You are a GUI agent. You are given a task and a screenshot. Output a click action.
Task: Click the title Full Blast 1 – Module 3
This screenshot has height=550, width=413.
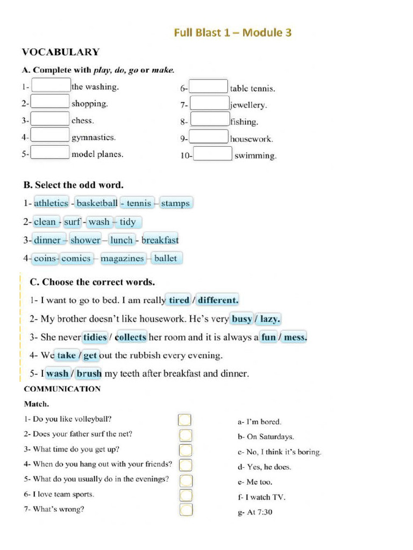click(232, 33)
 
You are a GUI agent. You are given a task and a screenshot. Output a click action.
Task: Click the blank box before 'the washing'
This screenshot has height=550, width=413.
click(51, 85)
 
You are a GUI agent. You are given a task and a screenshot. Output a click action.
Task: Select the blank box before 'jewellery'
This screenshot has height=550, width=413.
click(210, 104)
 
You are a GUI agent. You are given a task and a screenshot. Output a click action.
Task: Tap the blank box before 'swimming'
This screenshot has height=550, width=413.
click(213, 155)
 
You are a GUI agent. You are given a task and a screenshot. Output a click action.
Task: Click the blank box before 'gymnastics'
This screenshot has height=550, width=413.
click(50, 136)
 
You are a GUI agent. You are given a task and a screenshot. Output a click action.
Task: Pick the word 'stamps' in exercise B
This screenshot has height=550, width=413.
click(175, 203)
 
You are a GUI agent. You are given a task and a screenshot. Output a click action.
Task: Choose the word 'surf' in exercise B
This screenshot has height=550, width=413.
click(72, 222)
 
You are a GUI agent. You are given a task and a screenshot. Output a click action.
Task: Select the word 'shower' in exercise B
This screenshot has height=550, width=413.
click(85, 240)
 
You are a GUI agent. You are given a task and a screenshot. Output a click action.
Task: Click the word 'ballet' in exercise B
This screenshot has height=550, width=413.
click(165, 258)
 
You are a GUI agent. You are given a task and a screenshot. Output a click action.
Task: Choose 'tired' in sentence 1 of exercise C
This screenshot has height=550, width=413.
click(179, 300)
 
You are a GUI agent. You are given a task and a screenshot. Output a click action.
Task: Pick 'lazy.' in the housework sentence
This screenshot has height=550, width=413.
click(269, 319)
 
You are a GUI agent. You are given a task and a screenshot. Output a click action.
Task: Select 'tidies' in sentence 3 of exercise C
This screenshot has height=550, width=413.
click(95, 337)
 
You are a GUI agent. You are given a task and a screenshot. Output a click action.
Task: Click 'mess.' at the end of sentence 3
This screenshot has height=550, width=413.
click(295, 337)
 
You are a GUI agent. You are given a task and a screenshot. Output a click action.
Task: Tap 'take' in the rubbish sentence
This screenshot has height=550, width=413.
click(67, 356)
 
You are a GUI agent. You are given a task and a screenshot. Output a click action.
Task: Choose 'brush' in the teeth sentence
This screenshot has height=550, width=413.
click(89, 374)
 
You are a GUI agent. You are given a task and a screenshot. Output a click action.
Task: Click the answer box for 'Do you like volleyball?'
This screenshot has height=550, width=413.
click(185, 419)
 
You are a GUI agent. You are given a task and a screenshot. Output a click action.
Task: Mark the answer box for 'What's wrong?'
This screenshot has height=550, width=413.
click(185, 509)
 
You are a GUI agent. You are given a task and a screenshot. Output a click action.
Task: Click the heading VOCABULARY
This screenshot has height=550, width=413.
click(60, 52)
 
